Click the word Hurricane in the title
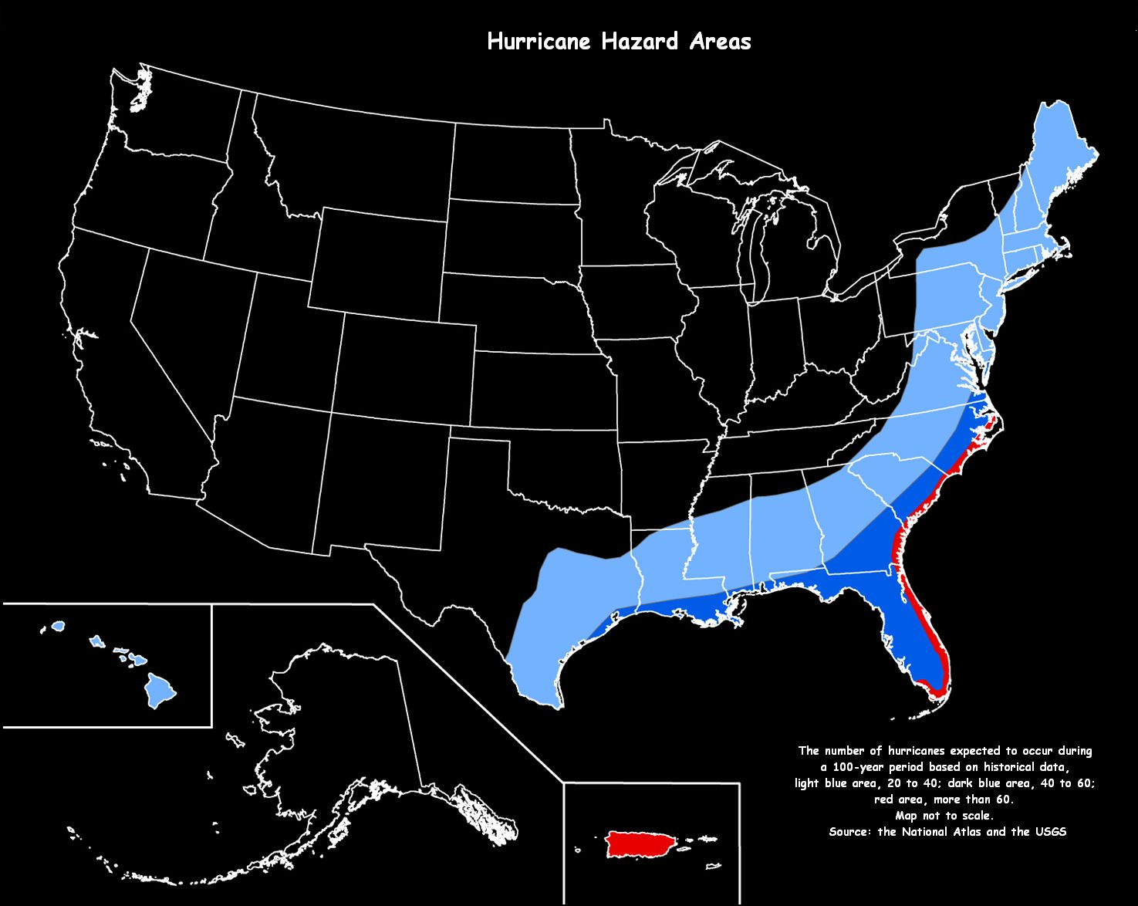click(x=540, y=42)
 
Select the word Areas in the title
click(x=721, y=42)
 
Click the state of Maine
click(x=1061, y=154)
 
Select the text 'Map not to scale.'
click(x=944, y=816)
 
